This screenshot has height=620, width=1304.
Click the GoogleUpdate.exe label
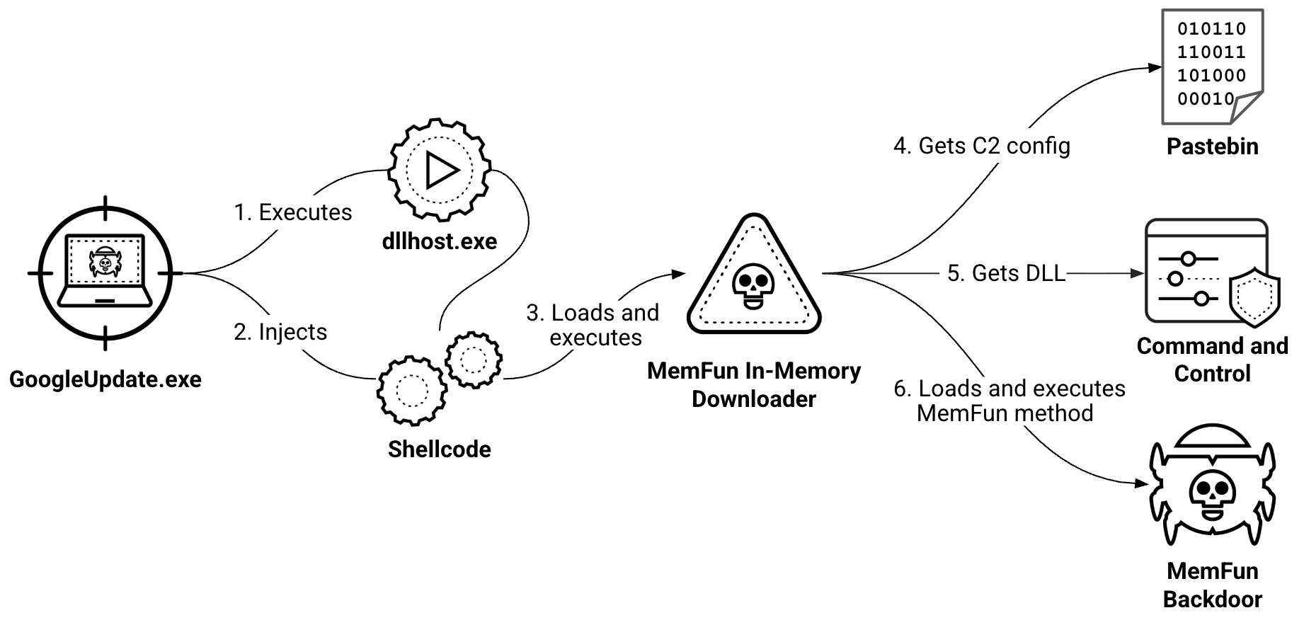[105, 379]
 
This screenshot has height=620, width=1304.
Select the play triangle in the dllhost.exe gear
[441, 171]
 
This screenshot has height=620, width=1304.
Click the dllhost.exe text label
[440, 241]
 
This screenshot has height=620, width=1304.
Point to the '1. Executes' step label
[293, 212]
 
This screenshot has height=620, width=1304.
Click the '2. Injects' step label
[280, 332]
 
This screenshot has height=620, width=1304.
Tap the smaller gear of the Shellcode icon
[474, 360]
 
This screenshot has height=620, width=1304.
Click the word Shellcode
[439, 449]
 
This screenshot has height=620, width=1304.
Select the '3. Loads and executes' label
[593, 325]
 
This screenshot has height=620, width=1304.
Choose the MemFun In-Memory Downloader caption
[754, 385]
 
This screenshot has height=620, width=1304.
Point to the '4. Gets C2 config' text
[982, 146]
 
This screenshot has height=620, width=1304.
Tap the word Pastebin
[1212, 147]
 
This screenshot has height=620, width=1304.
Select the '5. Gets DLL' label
[1006, 273]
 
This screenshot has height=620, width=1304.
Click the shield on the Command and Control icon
[1254, 297]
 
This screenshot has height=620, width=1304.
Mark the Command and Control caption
[1212, 360]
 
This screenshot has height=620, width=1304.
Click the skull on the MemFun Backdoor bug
[1213, 494]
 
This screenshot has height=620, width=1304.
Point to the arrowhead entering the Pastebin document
[1155, 68]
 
